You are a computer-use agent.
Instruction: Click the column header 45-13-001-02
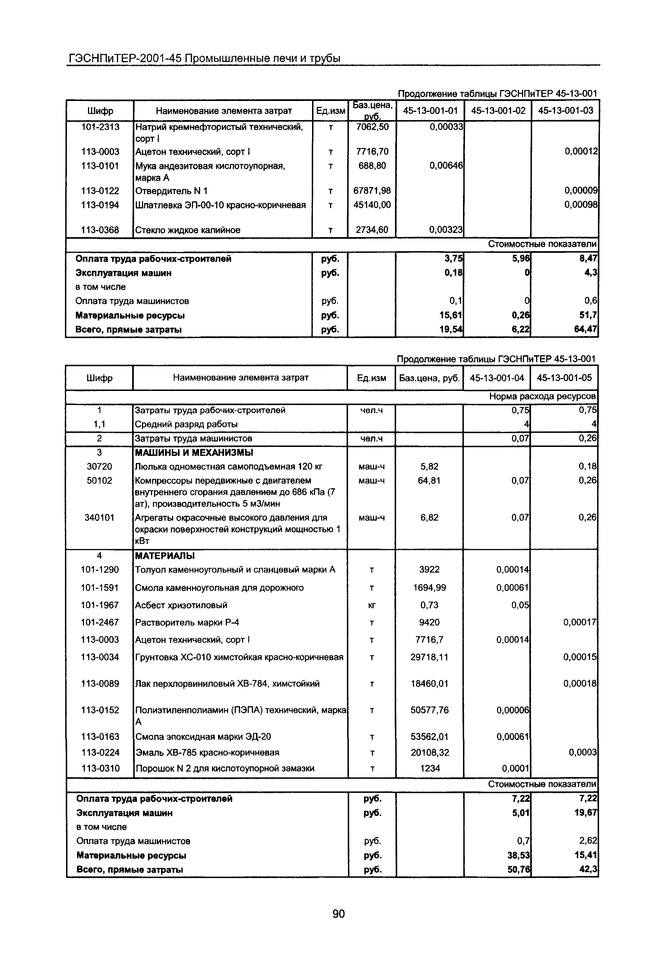pos(498,111)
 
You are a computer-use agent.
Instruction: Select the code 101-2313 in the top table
pos(100,127)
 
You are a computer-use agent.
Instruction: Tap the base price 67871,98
pos(372,191)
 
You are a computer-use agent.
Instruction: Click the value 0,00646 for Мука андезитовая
pos(446,166)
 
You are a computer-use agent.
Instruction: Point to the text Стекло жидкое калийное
pos(188,230)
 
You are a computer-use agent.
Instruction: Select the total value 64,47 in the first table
pos(585,330)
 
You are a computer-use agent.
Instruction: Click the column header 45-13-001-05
pos(564,378)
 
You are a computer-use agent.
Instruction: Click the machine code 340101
pos(99,518)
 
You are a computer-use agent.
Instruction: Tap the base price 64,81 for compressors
pos(429,481)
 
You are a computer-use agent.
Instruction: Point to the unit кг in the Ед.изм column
pos(372,606)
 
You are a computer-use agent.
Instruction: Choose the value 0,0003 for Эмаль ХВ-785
pos(582,752)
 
